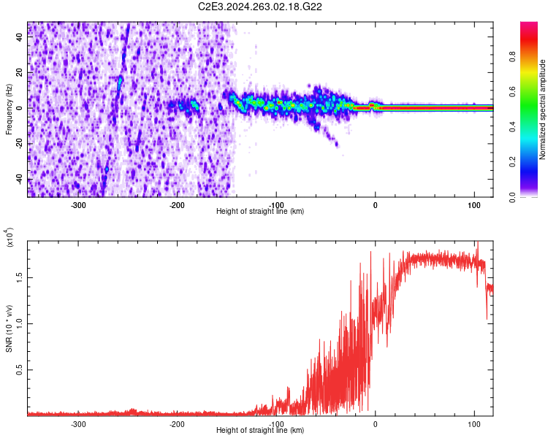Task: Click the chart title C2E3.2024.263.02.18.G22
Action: tap(260, 7)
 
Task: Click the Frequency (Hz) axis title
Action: tap(9, 109)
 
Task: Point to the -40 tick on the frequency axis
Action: tap(18, 180)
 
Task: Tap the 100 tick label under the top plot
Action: tap(473, 205)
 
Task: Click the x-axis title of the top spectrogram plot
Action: tap(260, 212)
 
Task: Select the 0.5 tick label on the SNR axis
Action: tap(20, 370)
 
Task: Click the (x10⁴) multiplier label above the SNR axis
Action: tap(9, 237)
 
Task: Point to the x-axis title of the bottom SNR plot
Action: tap(260, 431)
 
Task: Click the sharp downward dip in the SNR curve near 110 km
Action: tap(487, 317)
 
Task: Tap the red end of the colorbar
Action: tap(529, 29)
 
